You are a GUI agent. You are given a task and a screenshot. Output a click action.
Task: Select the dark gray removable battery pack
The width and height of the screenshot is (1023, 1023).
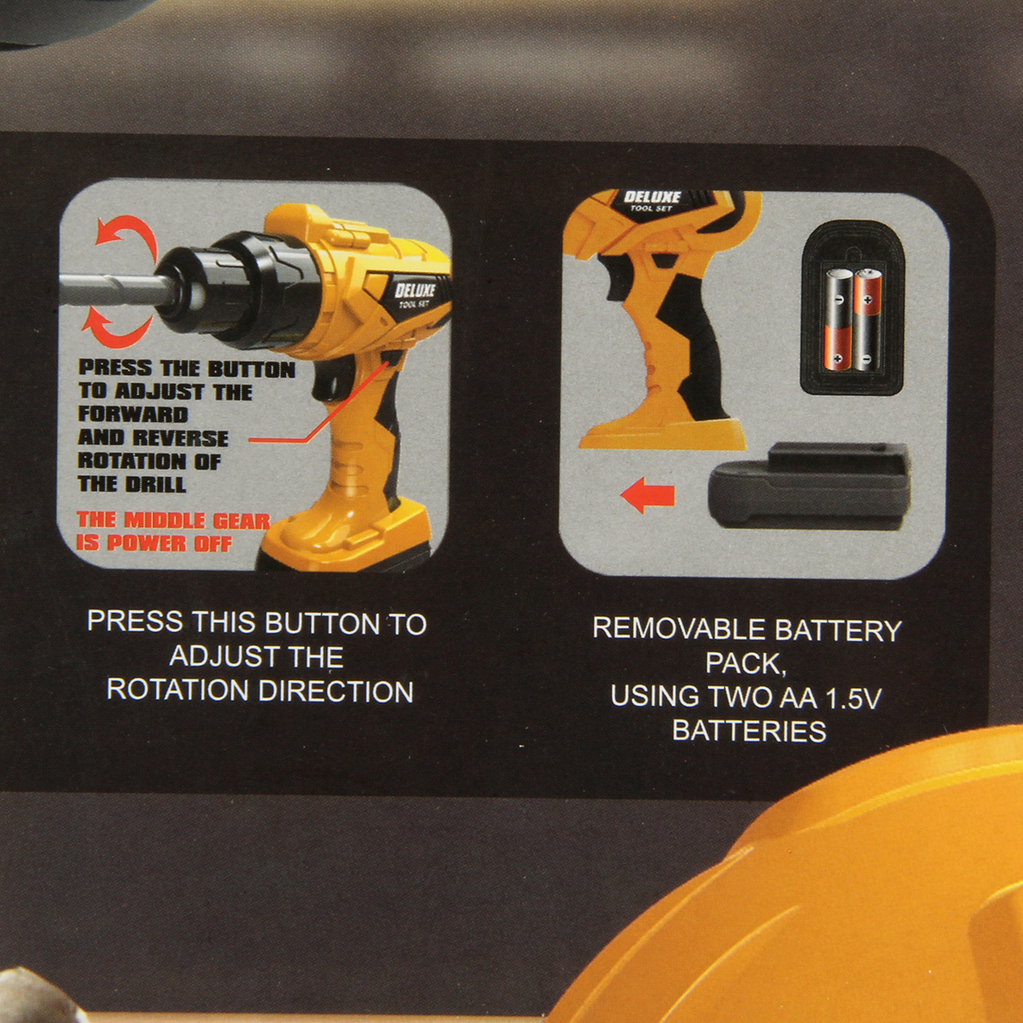(810, 487)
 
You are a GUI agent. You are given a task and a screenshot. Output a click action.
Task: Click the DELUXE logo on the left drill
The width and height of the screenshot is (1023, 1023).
(414, 291)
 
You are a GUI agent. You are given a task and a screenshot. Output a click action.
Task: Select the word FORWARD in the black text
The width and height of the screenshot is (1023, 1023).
(133, 414)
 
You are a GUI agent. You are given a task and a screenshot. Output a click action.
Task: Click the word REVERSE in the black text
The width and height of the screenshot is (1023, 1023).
(180, 437)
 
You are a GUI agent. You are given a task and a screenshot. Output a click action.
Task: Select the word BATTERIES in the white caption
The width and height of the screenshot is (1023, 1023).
(749, 731)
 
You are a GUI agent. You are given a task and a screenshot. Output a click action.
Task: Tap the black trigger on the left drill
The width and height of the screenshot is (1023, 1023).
(327, 385)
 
